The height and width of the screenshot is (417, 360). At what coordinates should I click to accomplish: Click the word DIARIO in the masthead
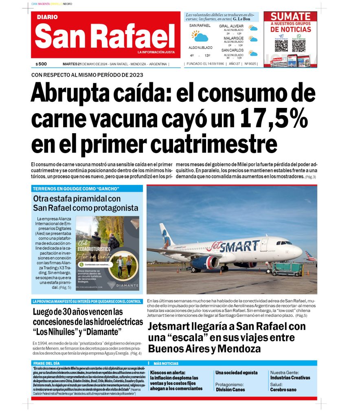pyautogui.click(x=47, y=18)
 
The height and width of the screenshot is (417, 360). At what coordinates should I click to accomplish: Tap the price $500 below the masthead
pyautogui.click(x=41, y=64)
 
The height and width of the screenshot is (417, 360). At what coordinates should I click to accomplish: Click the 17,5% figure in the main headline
pyautogui.click(x=268, y=119)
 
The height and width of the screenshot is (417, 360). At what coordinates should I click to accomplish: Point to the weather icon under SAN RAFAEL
pyautogui.click(x=200, y=37)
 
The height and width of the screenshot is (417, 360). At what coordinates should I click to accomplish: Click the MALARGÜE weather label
pyautogui.click(x=233, y=38)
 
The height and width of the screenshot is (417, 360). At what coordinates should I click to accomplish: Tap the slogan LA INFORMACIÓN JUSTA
pyautogui.click(x=156, y=52)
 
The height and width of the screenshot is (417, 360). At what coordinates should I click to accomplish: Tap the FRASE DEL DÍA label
pyautogui.click(x=46, y=363)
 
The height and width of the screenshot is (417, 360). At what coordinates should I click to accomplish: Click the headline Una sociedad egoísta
pyautogui.click(x=236, y=373)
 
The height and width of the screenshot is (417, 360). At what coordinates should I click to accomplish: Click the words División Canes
pyautogui.click(x=230, y=389)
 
